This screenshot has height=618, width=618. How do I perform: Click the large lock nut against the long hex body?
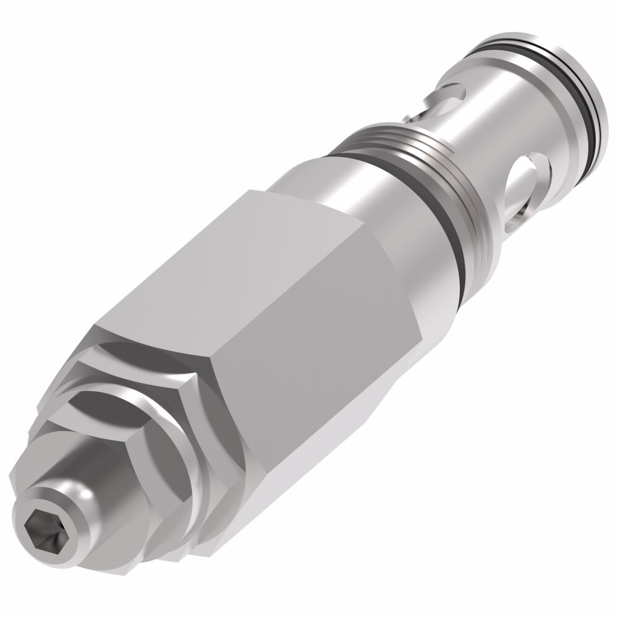tap(185, 433)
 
